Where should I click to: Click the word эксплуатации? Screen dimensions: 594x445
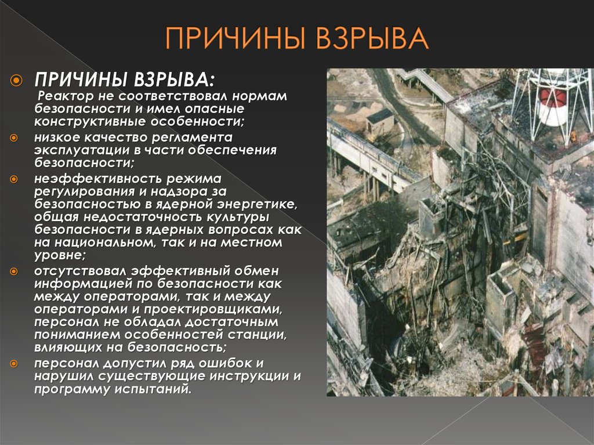(x=82, y=150)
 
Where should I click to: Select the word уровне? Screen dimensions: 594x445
(x=60, y=255)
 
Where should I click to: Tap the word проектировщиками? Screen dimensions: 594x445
(x=213, y=310)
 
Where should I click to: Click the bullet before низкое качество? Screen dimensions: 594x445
(x=14, y=138)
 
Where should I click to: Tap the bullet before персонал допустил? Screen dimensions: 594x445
(x=14, y=364)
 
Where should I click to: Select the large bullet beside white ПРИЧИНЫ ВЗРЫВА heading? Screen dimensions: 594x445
(x=16, y=81)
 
